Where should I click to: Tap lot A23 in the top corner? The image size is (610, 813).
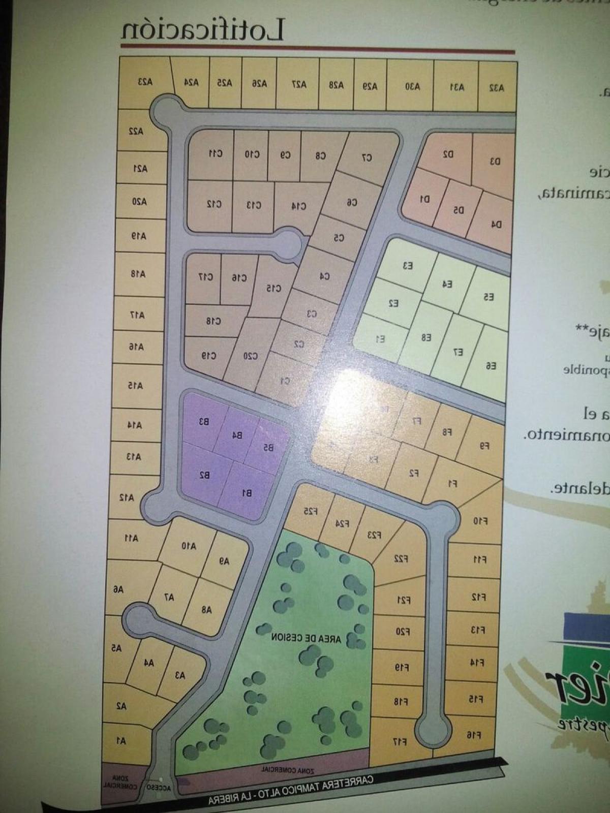point(145,82)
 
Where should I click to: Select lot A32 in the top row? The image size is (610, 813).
point(497,87)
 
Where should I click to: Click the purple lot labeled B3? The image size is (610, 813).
point(204,421)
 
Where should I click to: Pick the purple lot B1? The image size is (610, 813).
point(247,492)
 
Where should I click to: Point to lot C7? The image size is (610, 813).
point(367,158)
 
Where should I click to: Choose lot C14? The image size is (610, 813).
point(299,206)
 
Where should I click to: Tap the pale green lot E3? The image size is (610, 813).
point(407,265)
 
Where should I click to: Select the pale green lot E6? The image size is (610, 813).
point(491,365)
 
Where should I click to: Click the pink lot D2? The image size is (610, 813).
point(447,153)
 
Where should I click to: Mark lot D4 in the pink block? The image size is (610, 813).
point(496,224)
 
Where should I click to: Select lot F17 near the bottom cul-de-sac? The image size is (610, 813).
point(400,741)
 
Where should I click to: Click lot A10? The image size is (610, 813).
point(189,546)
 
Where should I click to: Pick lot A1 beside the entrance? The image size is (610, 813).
point(121,741)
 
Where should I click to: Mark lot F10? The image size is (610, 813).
point(480,521)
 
